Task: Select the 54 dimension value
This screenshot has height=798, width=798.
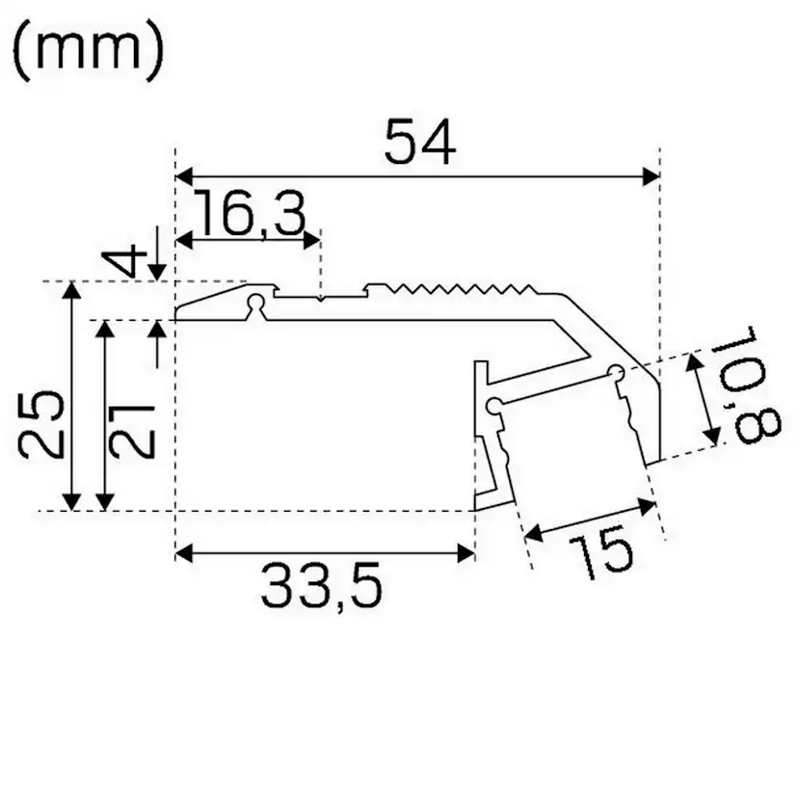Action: [418, 144]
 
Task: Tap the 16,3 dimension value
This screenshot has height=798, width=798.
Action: [248, 215]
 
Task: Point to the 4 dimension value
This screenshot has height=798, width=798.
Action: [123, 261]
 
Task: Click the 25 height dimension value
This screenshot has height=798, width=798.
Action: [43, 424]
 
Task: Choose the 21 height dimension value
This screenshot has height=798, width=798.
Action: [131, 427]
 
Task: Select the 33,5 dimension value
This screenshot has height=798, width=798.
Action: [321, 586]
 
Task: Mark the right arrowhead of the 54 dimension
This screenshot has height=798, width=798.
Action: [651, 176]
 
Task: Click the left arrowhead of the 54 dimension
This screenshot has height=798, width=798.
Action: [183, 176]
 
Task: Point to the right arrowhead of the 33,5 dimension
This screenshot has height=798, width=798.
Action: [467, 552]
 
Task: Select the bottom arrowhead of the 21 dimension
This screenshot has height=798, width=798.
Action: [105, 501]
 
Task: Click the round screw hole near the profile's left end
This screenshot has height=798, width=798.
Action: [255, 305]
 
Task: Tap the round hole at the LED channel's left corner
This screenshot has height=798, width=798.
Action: [493, 405]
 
